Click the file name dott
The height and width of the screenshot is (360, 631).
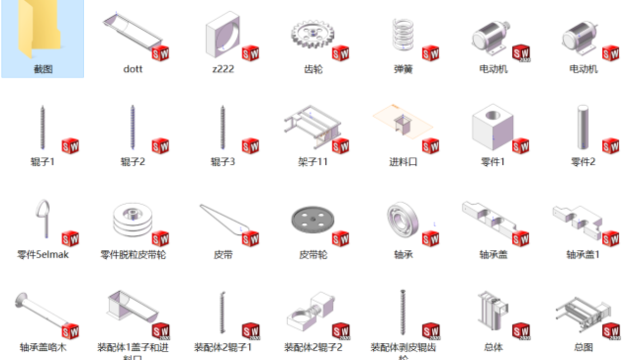pos(133,70)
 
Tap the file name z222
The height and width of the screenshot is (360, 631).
pos(223,70)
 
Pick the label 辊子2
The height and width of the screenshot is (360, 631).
pos(133,161)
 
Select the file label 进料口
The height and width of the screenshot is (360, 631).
pos(403,161)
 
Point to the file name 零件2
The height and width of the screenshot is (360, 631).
pos(583,161)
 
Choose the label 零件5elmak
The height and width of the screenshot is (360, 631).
pos(43,254)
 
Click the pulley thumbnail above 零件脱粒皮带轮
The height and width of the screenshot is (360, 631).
pos(133,219)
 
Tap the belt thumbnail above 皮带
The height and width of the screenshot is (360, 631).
pos(223,219)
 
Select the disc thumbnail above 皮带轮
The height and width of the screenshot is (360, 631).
pos(312,219)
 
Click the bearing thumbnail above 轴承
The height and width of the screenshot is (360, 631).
pos(403,219)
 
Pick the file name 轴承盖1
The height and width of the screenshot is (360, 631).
pos(583,254)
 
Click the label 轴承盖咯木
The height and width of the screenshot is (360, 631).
pos(43,347)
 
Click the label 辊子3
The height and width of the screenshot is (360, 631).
pos(223,161)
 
